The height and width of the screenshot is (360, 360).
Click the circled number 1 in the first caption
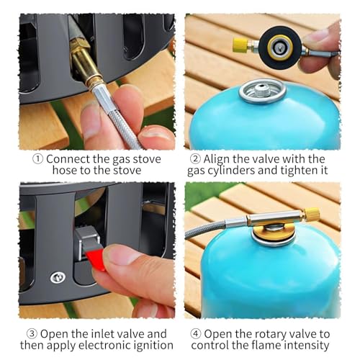tap(37, 159)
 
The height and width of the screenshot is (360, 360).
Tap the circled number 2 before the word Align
tap(195, 159)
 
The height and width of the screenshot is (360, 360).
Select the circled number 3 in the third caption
tap(32, 334)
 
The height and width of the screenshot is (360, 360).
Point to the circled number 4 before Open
tap(196, 334)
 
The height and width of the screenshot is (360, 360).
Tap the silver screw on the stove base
tap(58, 278)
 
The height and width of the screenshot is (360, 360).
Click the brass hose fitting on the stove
tap(83, 63)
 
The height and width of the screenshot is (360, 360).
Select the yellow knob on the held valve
tap(240, 45)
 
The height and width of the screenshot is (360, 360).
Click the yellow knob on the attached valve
tap(311, 214)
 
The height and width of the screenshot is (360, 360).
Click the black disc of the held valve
tap(280, 47)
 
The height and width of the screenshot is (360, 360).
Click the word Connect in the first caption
tap(68, 159)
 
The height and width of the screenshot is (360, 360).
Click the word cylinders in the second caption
tap(230, 171)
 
